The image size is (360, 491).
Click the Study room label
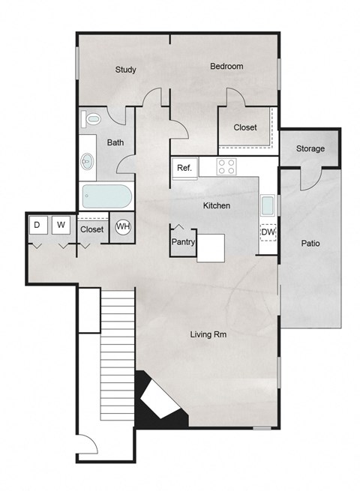tap(125, 70)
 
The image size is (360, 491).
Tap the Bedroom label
tap(226, 67)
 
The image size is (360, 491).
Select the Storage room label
tap(310, 148)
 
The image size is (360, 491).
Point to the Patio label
tap(311, 244)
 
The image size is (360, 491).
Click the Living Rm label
tap(208, 335)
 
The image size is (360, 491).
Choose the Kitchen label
tap(217, 205)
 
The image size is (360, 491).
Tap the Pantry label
tap(184, 242)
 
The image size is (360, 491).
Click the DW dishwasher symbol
tap(268, 232)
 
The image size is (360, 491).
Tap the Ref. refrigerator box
tap(184, 169)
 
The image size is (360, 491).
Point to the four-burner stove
tap(227, 166)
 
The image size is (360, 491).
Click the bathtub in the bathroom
tap(107, 198)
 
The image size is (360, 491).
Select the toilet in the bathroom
tap(91, 119)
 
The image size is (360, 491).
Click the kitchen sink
tap(268, 205)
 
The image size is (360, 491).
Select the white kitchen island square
tap(211, 248)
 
